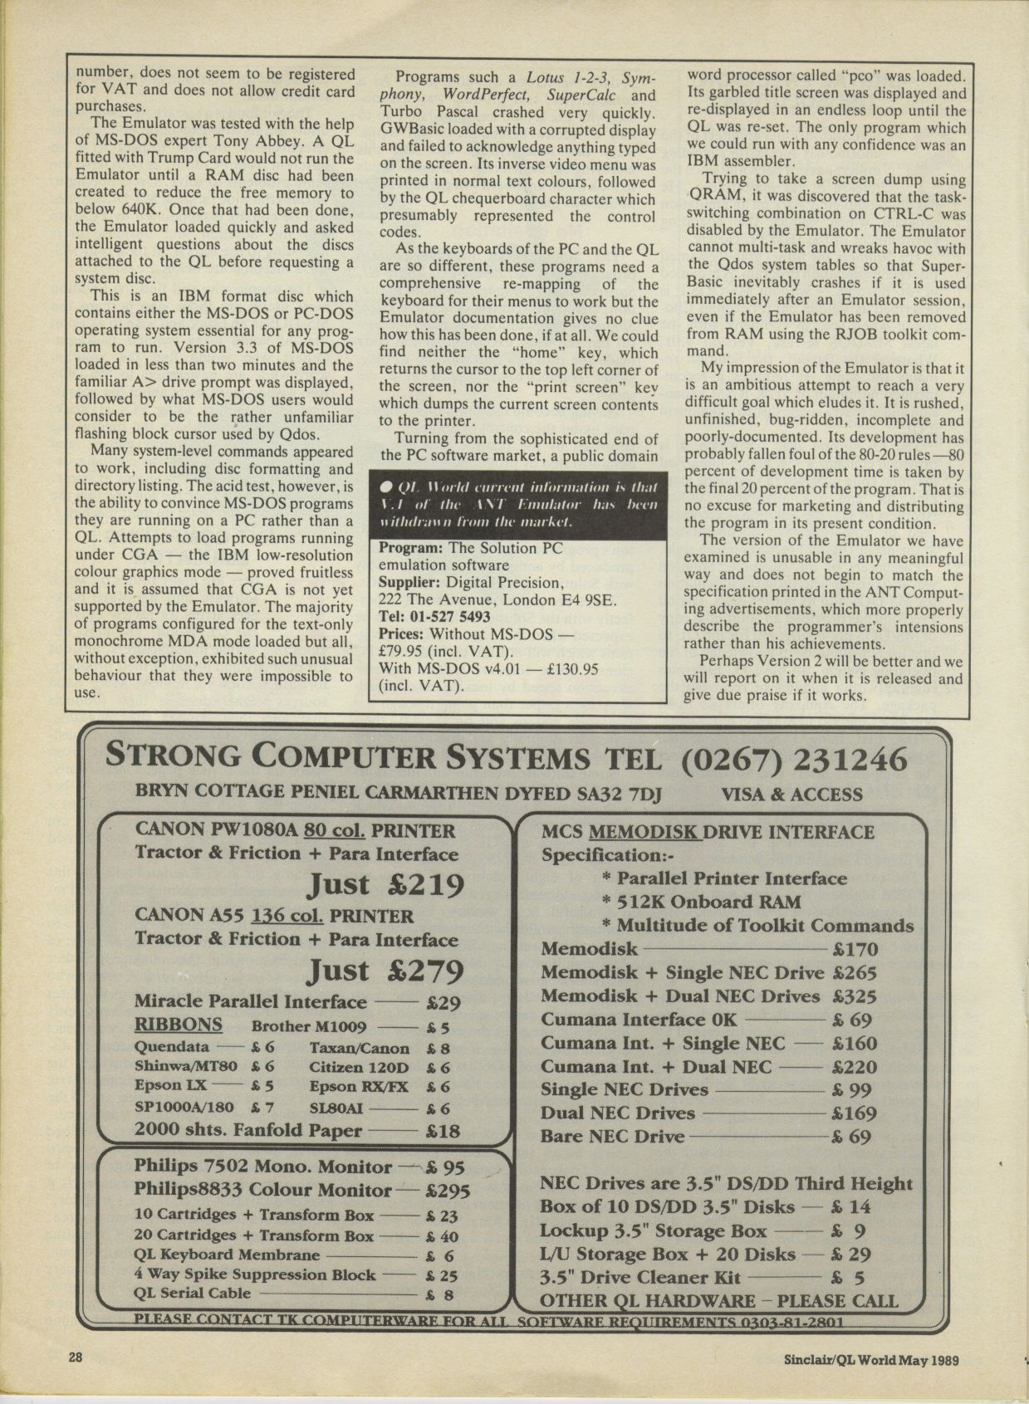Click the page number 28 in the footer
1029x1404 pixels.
point(76,1358)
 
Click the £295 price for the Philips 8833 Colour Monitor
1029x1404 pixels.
point(447,1191)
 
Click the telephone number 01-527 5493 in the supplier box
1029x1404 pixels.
point(446,617)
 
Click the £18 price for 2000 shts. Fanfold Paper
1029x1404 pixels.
point(442,1130)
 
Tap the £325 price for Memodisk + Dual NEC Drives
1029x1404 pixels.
point(855,996)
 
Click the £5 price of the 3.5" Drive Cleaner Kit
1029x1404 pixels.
point(847,1278)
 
